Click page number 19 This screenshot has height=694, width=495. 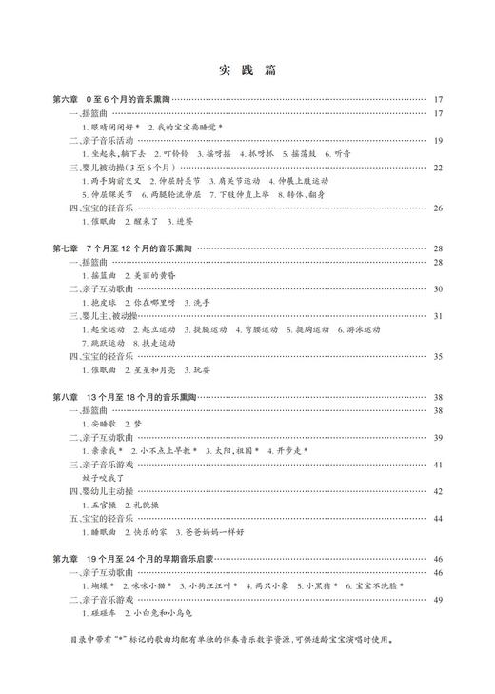pos(438,140)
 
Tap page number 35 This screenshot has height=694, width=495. pos(438,356)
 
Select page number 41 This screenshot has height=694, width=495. pos(438,465)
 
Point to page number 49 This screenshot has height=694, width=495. pos(438,600)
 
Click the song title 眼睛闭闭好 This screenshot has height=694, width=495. pos(113,127)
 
